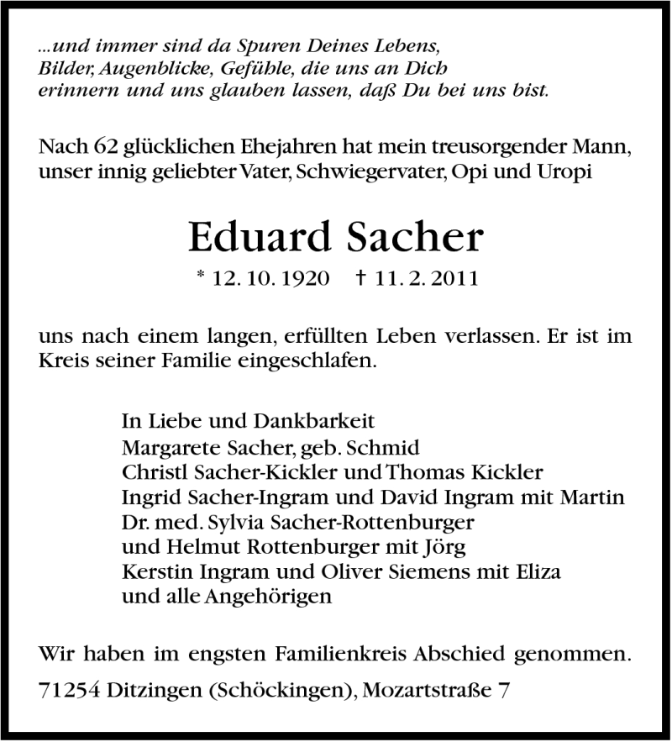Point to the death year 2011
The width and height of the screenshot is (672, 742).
pos(452,278)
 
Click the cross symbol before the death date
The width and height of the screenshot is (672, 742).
pos(361,277)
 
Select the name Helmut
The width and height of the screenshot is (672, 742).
pos(186,547)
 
